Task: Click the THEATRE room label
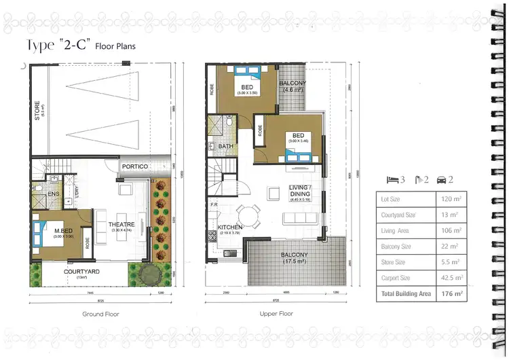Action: click(121, 225)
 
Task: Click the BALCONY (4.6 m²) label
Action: click(293, 86)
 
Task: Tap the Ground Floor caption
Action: click(101, 314)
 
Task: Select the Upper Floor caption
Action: click(276, 314)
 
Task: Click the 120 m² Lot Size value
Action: click(451, 200)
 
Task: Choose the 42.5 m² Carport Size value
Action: click(451, 278)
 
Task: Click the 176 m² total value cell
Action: click(451, 295)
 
